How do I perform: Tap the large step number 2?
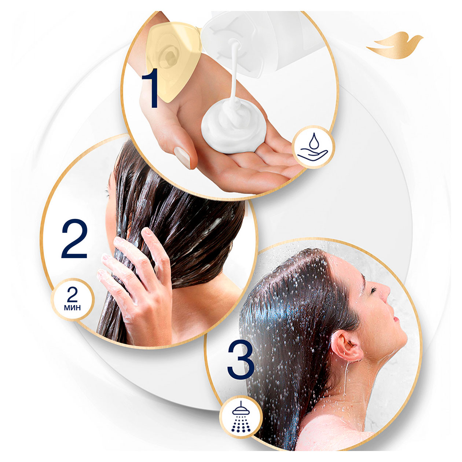click(74, 239)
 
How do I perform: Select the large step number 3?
click(241, 360)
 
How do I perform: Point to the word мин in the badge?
click(72, 308)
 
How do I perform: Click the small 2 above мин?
click(72, 294)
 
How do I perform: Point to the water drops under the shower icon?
click(241, 419)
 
